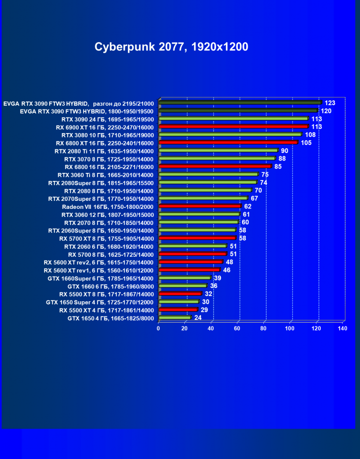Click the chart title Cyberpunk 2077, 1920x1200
[171, 47]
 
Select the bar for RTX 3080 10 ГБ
[230, 135]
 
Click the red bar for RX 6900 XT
[234, 126]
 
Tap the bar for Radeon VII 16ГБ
[200, 206]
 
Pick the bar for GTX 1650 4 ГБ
[175, 318]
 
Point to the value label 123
[330, 103]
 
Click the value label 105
[306, 143]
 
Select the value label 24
[198, 318]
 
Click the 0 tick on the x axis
[159, 328]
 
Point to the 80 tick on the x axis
[264, 328]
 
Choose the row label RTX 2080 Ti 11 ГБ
[104, 151]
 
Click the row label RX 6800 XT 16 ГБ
[105, 143]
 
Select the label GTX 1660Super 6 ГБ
[100, 278]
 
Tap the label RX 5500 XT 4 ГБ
[107, 310]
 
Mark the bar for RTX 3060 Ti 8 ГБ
[208, 174]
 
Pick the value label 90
[285, 151]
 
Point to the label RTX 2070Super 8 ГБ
[101, 198]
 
